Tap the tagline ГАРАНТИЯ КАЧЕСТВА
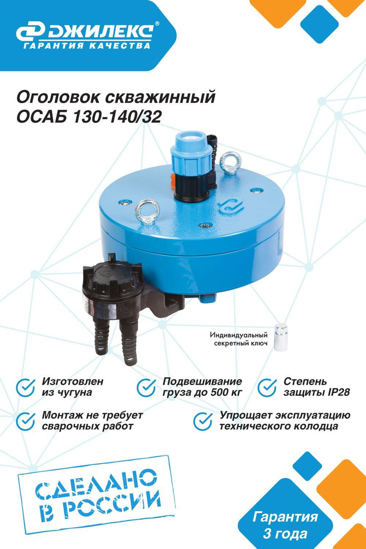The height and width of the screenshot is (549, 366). (87, 46)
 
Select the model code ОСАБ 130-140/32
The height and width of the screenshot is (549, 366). (89, 117)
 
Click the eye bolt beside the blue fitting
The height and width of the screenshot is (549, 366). (230, 163)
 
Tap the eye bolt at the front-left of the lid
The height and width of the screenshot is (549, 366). (147, 211)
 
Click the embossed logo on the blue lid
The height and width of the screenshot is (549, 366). (230, 207)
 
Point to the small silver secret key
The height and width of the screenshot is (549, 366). (280, 337)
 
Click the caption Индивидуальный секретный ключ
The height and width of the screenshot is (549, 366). (239, 339)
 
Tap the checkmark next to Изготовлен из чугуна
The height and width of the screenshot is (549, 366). (26, 387)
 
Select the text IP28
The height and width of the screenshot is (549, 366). (339, 392)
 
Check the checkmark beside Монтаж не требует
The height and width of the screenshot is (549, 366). (26, 421)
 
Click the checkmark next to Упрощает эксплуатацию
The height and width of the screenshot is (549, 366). (203, 421)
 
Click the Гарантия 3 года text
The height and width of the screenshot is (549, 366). (285, 525)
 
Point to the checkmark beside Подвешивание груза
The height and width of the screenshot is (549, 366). (147, 387)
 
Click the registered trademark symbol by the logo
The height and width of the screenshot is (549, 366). (157, 24)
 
